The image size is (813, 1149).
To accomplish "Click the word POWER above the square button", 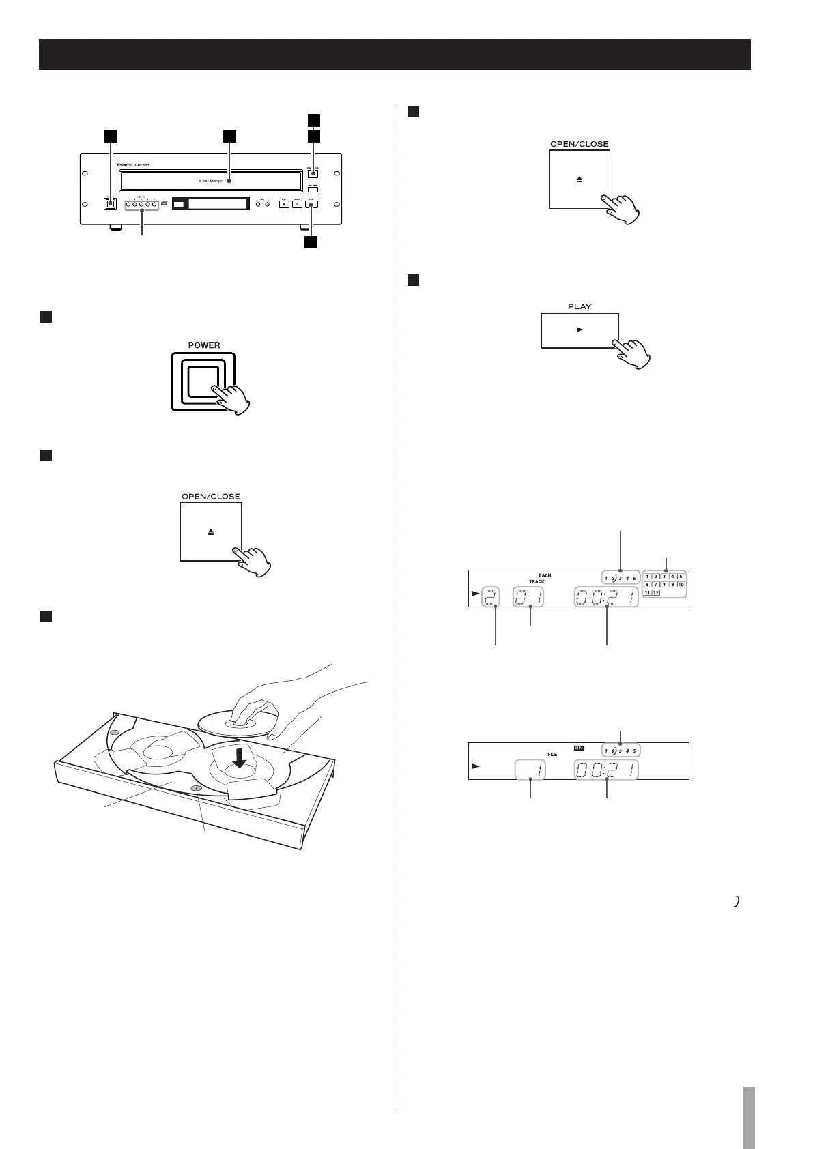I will (204, 345).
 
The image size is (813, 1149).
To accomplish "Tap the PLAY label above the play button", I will (580, 306).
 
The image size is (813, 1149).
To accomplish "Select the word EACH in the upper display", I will (545, 576).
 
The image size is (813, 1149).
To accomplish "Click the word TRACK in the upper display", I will (537, 582).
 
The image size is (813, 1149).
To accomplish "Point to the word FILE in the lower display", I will (552, 755).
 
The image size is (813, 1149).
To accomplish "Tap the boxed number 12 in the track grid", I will (656, 592).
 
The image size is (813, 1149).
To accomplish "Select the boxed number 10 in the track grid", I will (681, 585).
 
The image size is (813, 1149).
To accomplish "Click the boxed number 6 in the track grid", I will (647, 585).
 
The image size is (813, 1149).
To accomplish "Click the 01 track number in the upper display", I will (530, 598).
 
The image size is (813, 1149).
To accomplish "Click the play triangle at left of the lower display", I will (475, 767).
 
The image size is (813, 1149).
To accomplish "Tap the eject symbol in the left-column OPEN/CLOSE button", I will (211, 532).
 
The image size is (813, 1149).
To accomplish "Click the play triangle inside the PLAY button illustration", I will (580, 330).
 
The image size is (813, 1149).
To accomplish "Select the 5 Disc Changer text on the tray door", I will (210, 181).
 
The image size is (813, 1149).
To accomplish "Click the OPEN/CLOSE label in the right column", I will (579, 145).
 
